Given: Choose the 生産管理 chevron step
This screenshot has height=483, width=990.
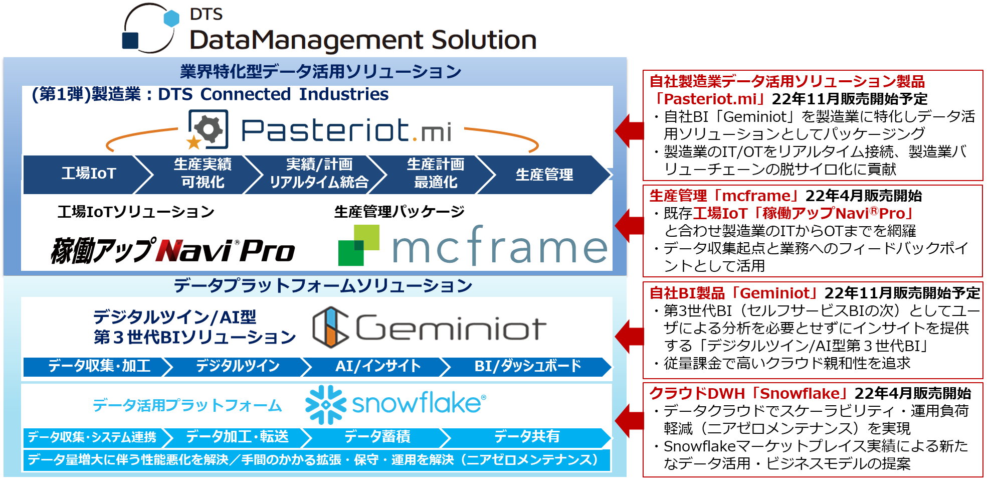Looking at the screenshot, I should pyautogui.click(x=544, y=175).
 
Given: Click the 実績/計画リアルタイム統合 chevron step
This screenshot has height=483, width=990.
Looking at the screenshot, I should pyautogui.click(x=319, y=174).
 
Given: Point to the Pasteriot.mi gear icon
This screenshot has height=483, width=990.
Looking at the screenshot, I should pyautogui.click(x=208, y=129).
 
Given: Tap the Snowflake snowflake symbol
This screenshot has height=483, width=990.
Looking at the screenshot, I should pyautogui.click(x=326, y=404).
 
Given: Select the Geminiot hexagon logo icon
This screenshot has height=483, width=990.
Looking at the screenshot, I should pyautogui.click(x=330, y=328).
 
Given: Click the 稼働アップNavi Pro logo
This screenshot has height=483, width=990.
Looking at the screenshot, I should pyautogui.click(x=173, y=250).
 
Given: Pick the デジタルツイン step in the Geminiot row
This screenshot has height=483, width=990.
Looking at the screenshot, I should pyautogui.click(x=238, y=366).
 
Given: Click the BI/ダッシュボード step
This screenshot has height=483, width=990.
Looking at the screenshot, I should pyautogui.click(x=527, y=366).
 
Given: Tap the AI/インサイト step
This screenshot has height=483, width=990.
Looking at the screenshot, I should pyautogui.click(x=378, y=366).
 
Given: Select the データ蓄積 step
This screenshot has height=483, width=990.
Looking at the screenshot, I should pyautogui.click(x=377, y=437).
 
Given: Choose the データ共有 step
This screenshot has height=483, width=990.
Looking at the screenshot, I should pyautogui.click(x=526, y=437).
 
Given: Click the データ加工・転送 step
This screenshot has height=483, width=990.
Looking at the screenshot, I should pyautogui.click(x=238, y=437).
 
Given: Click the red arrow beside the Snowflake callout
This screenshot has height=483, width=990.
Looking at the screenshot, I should pyautogui.click(x=630, y=420).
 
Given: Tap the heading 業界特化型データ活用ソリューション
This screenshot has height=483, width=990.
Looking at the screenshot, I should pyautogui.click(x=321, y=72).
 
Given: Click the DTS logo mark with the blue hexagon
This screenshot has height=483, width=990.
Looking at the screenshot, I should pyautogui.click(x=149, y=29).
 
